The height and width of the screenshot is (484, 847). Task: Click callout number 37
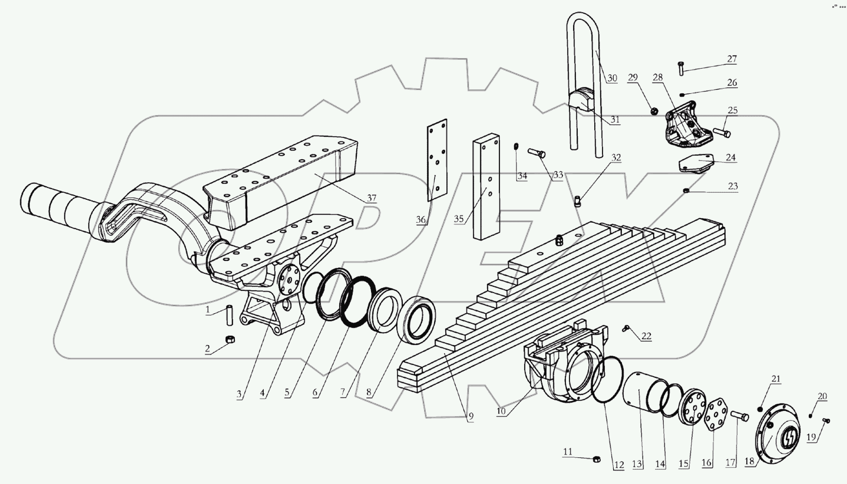click(371, 198)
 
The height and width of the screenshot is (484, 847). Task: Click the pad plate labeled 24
click(696, 165)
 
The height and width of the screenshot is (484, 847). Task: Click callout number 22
click(646, 336)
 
